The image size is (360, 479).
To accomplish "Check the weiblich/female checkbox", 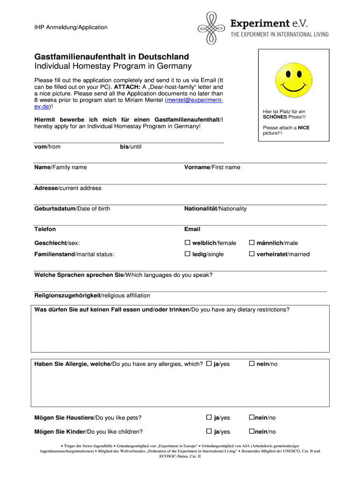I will tap(187, 243).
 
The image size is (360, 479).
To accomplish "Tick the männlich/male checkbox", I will tap(252, 243).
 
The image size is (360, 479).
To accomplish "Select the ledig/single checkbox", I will tap(187, 254).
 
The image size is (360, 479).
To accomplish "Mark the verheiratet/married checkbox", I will tap(252, 254).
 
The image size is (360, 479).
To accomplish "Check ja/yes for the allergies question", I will tap(209, 363).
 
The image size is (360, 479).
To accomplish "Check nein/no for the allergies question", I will tap(252, 363).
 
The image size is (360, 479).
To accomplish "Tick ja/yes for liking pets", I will tap(209, 417).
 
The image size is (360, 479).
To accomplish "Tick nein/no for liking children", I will tap(251, 431).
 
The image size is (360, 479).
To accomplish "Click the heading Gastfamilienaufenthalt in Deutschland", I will tap(112, 57).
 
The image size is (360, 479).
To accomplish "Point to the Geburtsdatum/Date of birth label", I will tap(72, 209).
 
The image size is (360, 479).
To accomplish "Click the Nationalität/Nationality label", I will tap(215, 209).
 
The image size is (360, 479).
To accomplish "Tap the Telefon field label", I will tap(45, 229).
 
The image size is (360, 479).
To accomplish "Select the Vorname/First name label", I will tap(212, 167).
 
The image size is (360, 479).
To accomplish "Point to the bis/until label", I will tap(130, 147).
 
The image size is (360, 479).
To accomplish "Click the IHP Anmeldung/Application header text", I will tap(71, 27).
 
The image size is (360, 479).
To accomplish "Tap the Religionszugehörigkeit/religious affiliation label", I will tap(92, 296).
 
